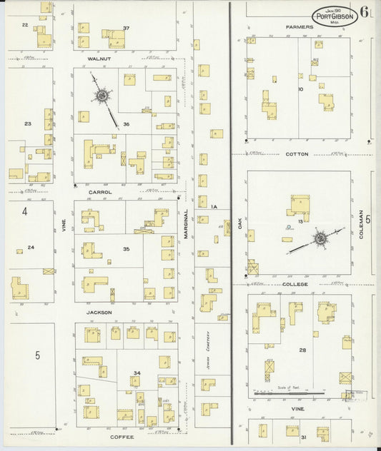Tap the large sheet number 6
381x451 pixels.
[365, 12]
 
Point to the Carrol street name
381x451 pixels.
[100, 192]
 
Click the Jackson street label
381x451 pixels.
[100, 312]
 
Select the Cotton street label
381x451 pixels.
[296, 154]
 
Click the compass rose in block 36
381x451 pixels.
[102, 94]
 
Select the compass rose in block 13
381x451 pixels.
[321, 236]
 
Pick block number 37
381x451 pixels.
[126, 28]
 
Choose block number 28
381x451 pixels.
[302, 350]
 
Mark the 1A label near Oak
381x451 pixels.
[214, 207]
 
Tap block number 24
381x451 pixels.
[31, 248]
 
